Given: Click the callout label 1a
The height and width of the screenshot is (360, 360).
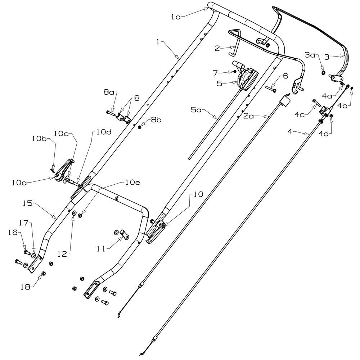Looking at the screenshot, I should [x=176, y=17].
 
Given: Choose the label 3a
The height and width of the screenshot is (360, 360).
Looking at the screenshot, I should [x=310, y=55].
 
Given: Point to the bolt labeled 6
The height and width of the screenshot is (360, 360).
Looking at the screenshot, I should [x=270, y=87].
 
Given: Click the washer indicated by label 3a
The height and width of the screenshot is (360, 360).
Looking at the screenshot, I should [x=323, y=73].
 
